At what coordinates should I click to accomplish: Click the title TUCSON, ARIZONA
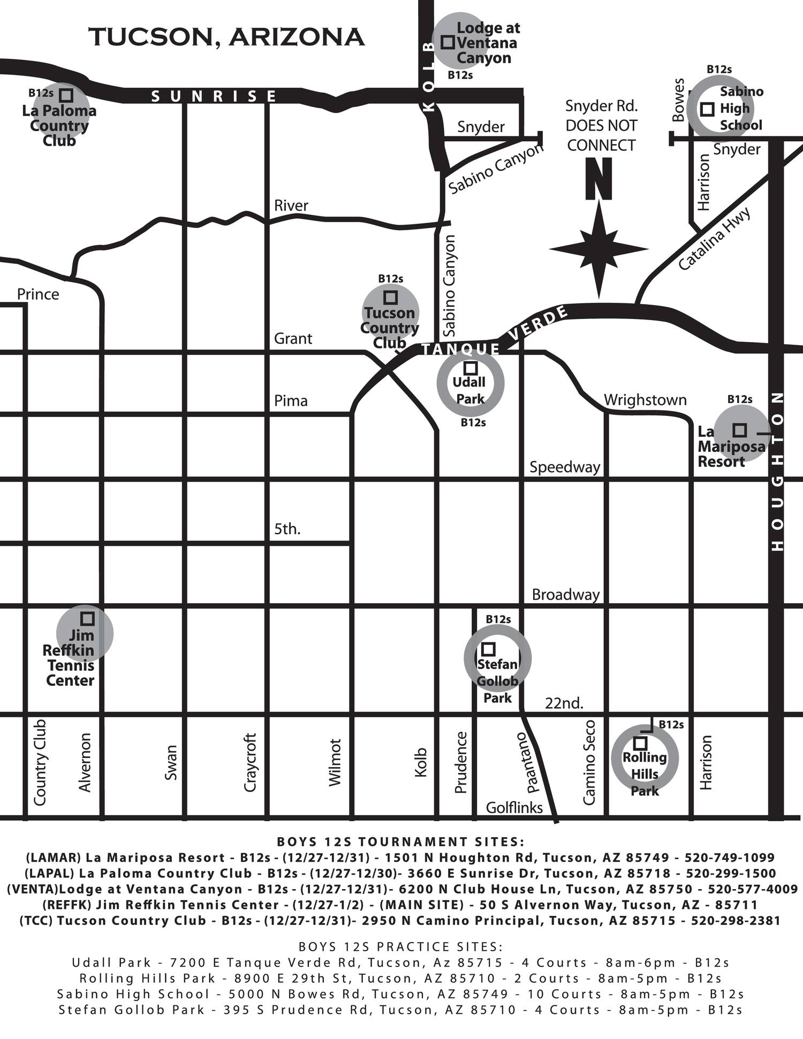point(226,37)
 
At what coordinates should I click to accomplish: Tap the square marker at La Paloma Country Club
point(66,95)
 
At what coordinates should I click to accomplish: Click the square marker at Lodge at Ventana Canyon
point(448,42)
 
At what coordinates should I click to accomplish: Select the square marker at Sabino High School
point(707,109)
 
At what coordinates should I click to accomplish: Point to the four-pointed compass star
point(599,249)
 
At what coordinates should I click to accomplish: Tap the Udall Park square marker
point(471,368)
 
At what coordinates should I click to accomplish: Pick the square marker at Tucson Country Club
point(391,297)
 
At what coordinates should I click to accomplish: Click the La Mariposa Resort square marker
point(739,430)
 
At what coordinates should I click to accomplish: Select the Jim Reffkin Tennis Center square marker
point(87,619)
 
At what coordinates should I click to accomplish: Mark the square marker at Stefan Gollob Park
point(489,649)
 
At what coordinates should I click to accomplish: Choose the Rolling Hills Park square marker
point(640,743)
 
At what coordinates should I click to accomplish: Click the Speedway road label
point(565,467)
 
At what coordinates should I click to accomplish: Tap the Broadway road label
point(565,595)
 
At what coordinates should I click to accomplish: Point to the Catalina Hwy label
point(714,239)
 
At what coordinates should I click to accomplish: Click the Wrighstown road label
point(645,400)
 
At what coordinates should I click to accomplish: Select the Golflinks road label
point(514,807)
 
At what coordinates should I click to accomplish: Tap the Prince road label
point(38,294)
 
